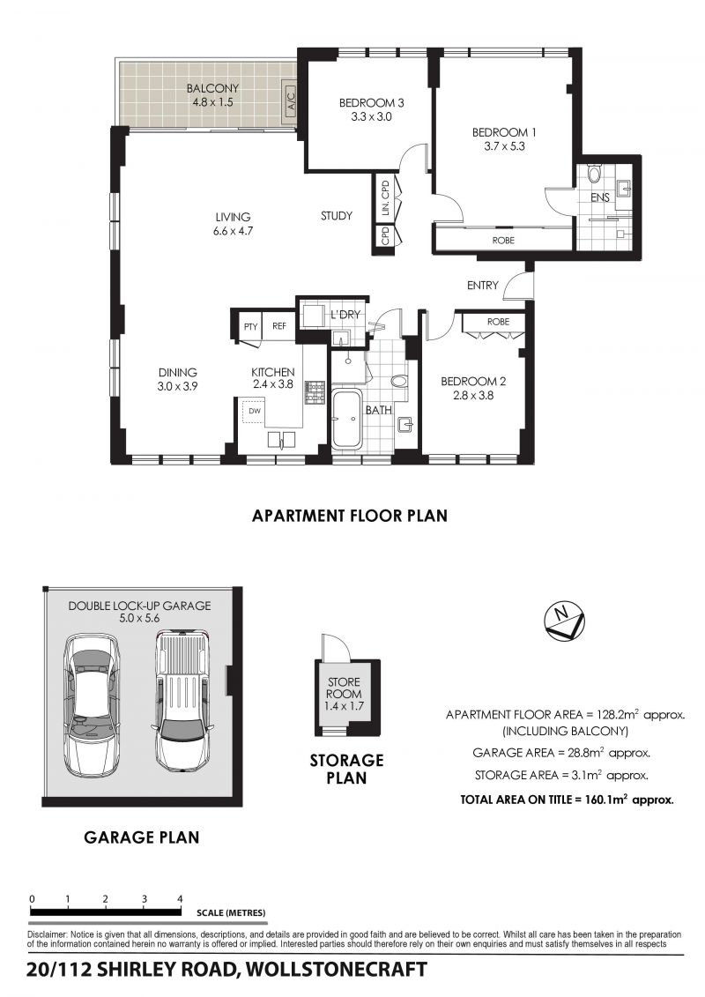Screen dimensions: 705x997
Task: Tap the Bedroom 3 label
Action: click(x=371, y=102)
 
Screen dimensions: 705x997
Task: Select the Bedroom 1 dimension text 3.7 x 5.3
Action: click(x=503, y=146)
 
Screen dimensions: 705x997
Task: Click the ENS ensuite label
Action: click(x=600, y=197)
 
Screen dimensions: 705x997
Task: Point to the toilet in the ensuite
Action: click(x=594, y=174)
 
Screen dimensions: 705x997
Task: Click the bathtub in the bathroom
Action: click(x=346, y=419)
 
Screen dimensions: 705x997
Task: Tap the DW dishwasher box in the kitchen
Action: click(x=255, y=412)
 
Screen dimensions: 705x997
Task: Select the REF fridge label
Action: click(x=279, y=326)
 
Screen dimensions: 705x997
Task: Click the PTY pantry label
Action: click(x=250, y=327)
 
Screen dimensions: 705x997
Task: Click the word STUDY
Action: click(x=337, y=216)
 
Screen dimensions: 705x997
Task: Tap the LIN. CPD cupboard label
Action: click(x=384, y=198)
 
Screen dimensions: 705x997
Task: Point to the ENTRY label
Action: click(x=483, y=286)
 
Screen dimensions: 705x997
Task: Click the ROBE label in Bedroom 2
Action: click(x=498, y=322)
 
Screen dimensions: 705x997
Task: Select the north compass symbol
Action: click(x=565, y=621)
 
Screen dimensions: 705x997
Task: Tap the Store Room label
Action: click(x=344, y=688)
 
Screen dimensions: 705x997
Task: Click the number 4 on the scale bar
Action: click(x=180, y=898)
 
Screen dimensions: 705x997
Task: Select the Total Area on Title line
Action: click(x=567, y=800)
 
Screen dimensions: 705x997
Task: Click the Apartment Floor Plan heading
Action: click(x=350, y=515)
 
